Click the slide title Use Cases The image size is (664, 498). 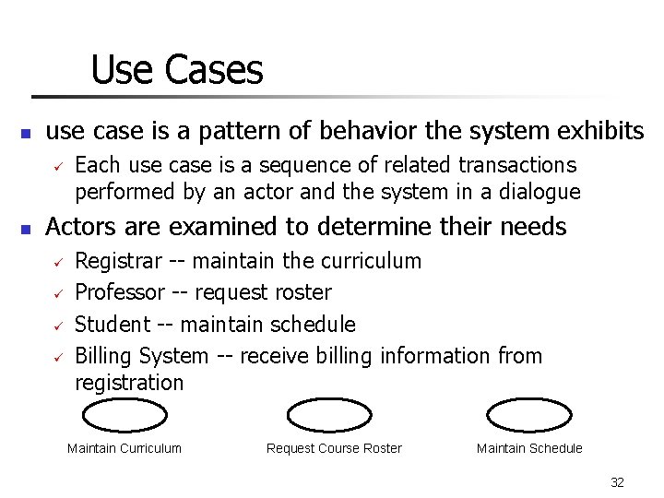pyautogui.click(x=177, y=70)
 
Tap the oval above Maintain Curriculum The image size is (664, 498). pyautogui.click(x=125, y=416)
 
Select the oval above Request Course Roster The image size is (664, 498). pyautogui.click(x=329, y=416)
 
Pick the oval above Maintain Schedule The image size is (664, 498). pyautogui.click(x=528, y=416)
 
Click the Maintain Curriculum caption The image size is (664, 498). pyautogui.click(x=125, y=448)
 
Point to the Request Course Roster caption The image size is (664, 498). pyautogui.click(x=334, y=448)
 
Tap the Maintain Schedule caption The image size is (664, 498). pyautogui.click(x=529, y=448)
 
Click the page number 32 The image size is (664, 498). pyautogui.click(x=617, y=482)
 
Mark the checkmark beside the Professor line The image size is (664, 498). pyautogui.click(x=56, y=294)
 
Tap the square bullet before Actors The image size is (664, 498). pyautogui.click(x=27, y=228)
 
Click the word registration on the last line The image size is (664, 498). pyautogui.click(x=129, y=382)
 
